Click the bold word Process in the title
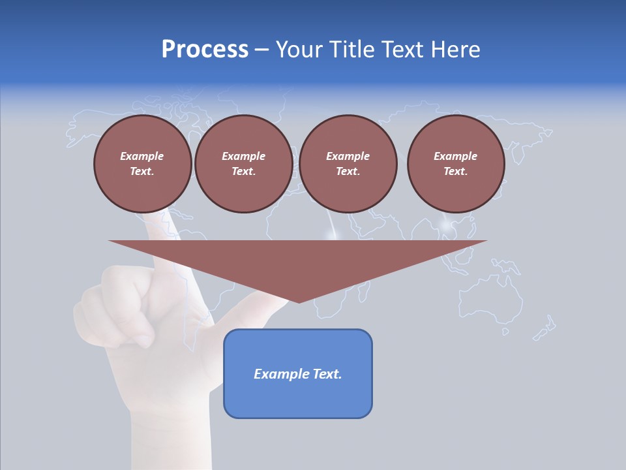point(205,50)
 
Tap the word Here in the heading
point(451,50)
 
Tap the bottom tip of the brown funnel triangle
point(299,302)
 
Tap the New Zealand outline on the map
point(545,328)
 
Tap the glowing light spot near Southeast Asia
point(447,227)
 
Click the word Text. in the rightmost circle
point(455,171)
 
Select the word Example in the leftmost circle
point(142,156)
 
